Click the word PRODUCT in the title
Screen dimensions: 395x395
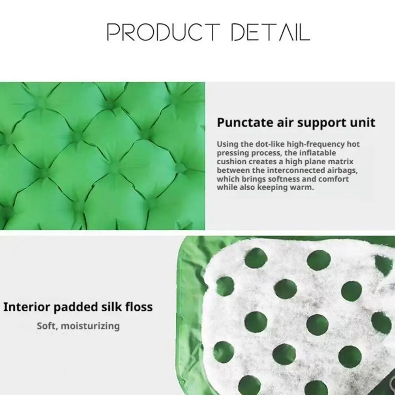click(164, 32)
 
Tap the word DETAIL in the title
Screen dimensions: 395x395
click(271, 32)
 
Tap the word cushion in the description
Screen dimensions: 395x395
click(228, 162)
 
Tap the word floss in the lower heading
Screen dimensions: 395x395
click(140, 307)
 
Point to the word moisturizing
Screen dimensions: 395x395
click(90, 326)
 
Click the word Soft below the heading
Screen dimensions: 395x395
click(47, 326)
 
